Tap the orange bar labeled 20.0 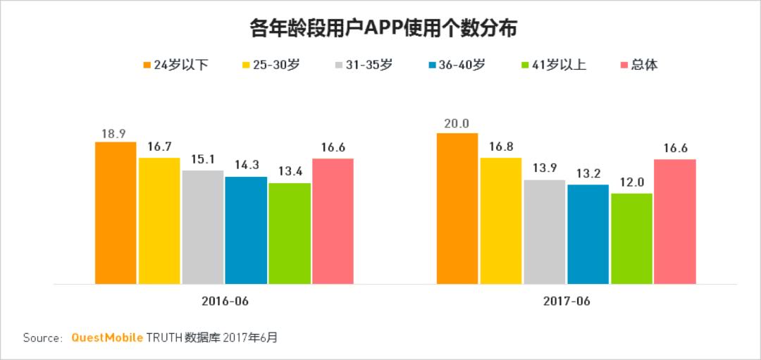(457, 209)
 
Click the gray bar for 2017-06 (545, 232)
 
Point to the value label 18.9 (114, 132)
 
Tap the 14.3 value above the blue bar (246, 166)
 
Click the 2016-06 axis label (224, 301)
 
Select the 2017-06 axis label (567, 301)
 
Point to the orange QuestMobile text (107, 337)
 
